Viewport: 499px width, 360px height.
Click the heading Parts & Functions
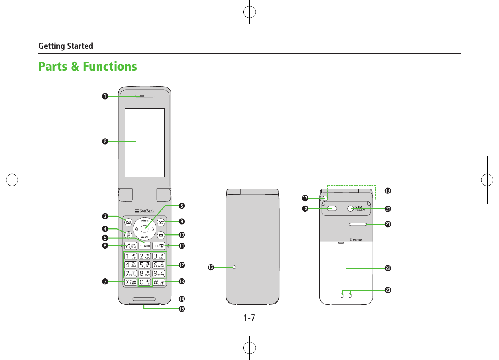click(x=87, y=66)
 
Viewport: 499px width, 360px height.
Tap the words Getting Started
click(x=65, y=46)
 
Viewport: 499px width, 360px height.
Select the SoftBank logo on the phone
click(x=144, y=211)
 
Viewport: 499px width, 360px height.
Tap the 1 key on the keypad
click(x=130, y=257)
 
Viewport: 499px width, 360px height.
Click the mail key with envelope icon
click(x=128, y=222)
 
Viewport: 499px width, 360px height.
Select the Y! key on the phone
click(x=161, y=222)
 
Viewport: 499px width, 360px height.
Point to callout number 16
click(x=210, y=267)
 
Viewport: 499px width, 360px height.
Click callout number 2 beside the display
click(x=105, y=141)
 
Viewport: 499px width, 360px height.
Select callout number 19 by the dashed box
click(x=388, y=191)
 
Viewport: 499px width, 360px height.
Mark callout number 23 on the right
click(x=388, y=290)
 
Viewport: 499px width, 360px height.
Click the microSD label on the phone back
click(x=356, y=239)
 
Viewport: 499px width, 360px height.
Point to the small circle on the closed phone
click(x=234, y=267)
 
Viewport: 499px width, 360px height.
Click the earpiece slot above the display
click(x=144, y=96)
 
